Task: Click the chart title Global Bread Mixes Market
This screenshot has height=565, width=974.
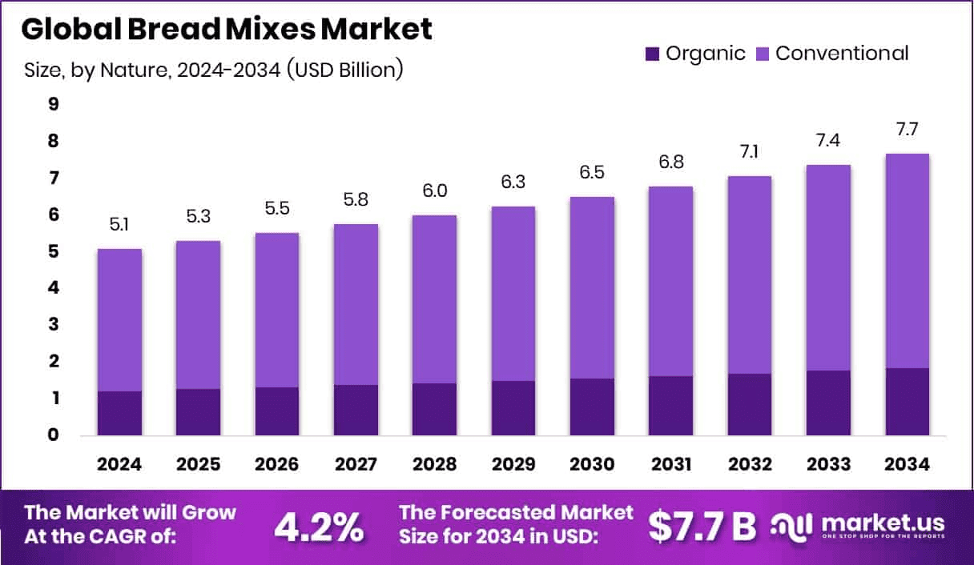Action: click(227, 30)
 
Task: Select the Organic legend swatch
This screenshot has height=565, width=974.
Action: click(653, 54)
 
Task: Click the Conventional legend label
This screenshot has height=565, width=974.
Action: click(842, 54)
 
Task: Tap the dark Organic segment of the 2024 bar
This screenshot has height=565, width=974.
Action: click(119, 413)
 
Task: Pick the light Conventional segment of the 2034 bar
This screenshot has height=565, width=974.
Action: click(907, 261)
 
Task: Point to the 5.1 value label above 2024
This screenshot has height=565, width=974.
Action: click(119, 226)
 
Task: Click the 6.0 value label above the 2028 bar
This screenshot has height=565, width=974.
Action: click(434, 191)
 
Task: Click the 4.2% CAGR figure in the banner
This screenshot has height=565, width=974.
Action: click(320, 526)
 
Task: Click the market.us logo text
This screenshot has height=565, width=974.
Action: click(881, 523)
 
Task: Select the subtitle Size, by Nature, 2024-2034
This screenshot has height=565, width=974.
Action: click(214, 70)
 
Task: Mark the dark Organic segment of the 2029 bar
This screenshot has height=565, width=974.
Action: click(513, 408)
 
